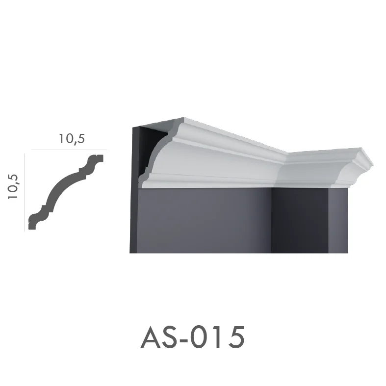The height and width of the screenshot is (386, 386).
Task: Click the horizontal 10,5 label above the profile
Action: pyautogui.click(x=72, y=139)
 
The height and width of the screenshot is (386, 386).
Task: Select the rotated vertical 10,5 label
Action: pyautogui.click(x=13, y=186)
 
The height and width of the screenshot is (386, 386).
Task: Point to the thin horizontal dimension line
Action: pyautogui.click(x=69, y=150)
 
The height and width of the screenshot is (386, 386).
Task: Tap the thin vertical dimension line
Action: pyautogui.click(x=25, y=192)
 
